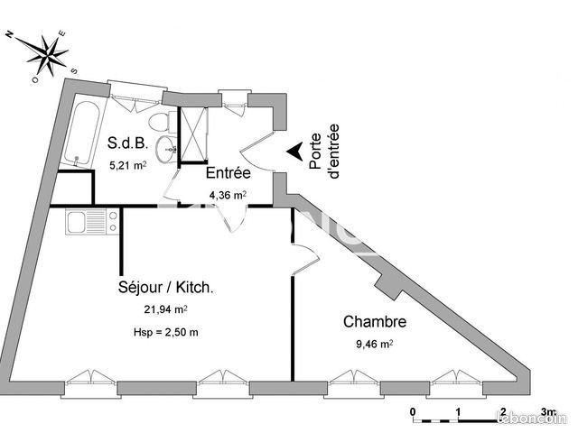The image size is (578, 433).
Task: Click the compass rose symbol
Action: [x=47, y=56]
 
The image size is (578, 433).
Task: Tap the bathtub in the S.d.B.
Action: [x=81, y=134]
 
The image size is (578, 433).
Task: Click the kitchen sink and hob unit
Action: [x=92, y=221]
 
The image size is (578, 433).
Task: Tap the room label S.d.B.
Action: [x=128, y=143]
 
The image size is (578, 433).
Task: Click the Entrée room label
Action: [x=228, y=172]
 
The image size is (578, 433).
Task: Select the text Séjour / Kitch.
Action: [x=166, y=287]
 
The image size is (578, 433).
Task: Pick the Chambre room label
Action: [x=375, y=321]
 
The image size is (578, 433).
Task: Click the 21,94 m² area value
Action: [x=165, y=309]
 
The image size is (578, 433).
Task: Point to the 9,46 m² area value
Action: [x=374, y=344]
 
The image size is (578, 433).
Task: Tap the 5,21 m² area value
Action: [x=128, y=165]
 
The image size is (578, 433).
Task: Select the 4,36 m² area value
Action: [x=228, y=195]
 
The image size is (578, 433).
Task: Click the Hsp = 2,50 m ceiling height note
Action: [x=166, y=333]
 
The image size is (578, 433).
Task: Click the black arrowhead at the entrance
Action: [x=295, y=152]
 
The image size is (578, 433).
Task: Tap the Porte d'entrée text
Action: [x=324, y=152]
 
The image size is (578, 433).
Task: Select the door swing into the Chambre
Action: [x=305, y=259]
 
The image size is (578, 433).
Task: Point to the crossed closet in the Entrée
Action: [x=192, y=134]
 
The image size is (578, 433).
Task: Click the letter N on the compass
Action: [x=10, y=34]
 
